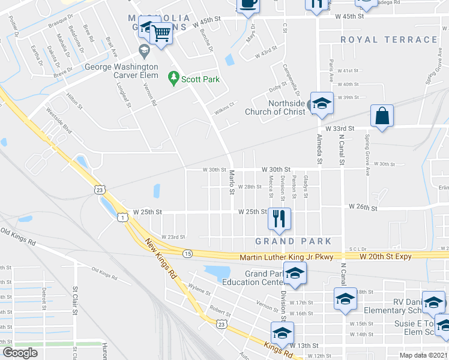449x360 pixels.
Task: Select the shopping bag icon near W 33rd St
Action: tap(382, 115)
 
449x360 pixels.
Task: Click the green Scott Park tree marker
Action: tap(173, 77)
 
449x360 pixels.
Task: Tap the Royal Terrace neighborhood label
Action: tap(389, 40)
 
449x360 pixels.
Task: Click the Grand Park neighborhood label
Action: tap(294, 241)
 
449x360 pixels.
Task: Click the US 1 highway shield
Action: tap(122, 218)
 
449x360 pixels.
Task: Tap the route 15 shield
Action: tap(188, 254)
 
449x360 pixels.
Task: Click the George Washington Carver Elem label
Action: tap(121, 67)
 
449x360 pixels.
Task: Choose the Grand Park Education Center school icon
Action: tap(295, 274)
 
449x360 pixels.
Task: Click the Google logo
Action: tap(20, 353)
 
